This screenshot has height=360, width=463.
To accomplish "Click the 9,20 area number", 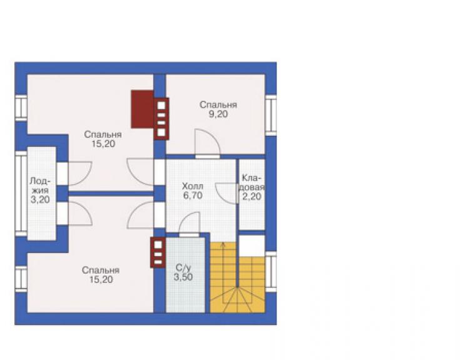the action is click(218, 115).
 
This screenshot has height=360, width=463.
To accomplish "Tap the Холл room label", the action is click(193, 187).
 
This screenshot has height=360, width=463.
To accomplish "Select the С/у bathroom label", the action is click(183, 268).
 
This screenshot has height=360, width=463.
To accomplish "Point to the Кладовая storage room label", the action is click(252, 183).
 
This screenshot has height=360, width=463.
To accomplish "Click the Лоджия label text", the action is click(40, 185).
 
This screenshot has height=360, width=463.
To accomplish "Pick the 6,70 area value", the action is click(193, 196).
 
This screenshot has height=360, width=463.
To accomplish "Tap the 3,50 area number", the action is click(183, 277).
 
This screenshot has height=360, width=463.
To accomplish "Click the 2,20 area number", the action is click(252, 196).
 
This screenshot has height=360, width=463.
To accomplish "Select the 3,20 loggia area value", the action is click(40, 200).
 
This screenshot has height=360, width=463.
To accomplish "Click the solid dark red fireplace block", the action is click(142, 109).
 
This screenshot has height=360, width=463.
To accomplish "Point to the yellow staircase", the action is click(237, 277).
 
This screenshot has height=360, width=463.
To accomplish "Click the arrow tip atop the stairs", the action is click(223, 243).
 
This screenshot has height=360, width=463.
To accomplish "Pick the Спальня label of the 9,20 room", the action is click(218, 105).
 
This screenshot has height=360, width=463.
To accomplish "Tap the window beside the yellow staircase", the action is click(270, 272).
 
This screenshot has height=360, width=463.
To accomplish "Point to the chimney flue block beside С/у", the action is click(158, 252).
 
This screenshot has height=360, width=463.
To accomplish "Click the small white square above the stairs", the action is click(252, 246).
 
